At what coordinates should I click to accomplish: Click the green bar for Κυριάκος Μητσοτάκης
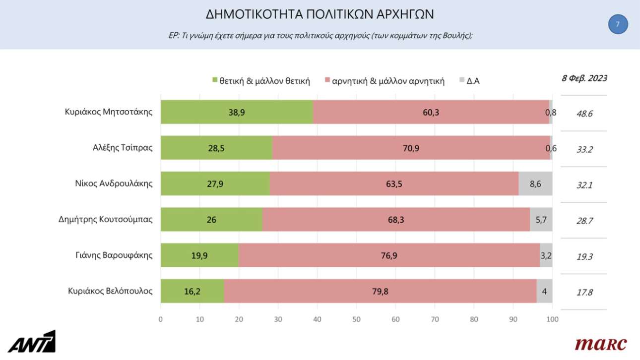tap(237, 112)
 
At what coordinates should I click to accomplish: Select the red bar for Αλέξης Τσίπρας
tap(411, 148)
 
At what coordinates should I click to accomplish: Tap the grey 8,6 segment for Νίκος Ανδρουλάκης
tap(535, 183)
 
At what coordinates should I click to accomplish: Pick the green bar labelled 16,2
tap(192, 291)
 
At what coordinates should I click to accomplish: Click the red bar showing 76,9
tap(389, 255)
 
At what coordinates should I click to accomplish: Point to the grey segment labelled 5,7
tap(541, 220)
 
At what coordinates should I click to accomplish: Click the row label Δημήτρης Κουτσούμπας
tap(105, 220)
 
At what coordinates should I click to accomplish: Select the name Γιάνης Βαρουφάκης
tap(111, 255)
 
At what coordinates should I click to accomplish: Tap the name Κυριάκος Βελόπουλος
tap(110, 291)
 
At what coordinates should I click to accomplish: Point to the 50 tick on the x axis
tap(356, 319)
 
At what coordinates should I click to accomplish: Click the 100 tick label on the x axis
tap(552, 319)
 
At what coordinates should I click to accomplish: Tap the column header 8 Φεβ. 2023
tap(584, 78)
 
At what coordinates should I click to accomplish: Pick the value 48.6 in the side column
tap(584, 114)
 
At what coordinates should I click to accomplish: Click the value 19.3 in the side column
tap(584, 257)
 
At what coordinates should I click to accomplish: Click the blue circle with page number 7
tap(618, 24)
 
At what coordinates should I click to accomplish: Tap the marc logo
tap(600, 344)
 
